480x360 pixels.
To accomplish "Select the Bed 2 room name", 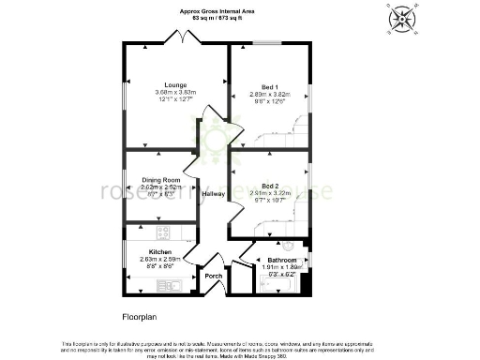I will point(271,185).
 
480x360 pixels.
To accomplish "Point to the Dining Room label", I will point(160,179).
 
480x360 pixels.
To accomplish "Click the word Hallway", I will point(214,194).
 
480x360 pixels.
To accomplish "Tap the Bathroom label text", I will point(281,260).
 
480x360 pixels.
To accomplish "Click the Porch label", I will point(214,277).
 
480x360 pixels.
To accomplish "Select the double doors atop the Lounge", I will point(178,37).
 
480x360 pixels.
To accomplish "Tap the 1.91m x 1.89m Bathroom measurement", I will point(282,267).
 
